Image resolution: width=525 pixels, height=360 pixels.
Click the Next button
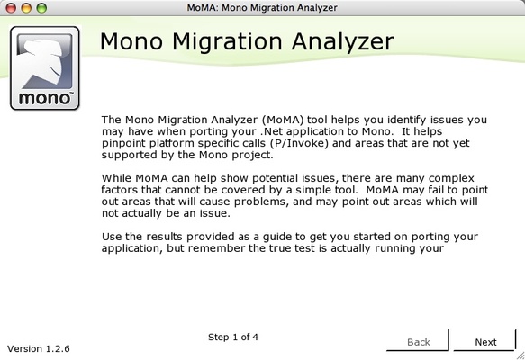click(x=485, y=342)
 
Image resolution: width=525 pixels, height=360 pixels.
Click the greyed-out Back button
click(x=419, y=342)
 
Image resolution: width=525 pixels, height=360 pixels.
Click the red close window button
click(x=11, y=7)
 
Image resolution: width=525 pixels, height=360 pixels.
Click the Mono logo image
click(x=44, y=68)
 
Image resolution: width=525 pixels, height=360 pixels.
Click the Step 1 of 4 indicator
click(x=233, y=337)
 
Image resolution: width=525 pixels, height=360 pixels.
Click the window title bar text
click(x=262, y=7)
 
